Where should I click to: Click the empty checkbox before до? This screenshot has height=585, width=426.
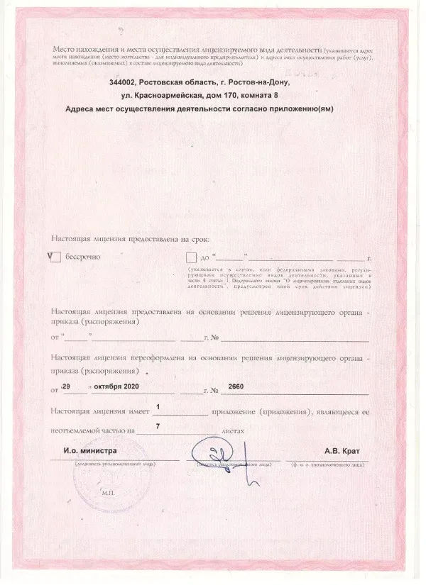coord(190,258)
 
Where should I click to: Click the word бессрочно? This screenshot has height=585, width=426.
coord(83,258)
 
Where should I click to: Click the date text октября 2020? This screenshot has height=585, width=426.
coord(116,387)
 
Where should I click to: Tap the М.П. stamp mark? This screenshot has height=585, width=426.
coord(108,492)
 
